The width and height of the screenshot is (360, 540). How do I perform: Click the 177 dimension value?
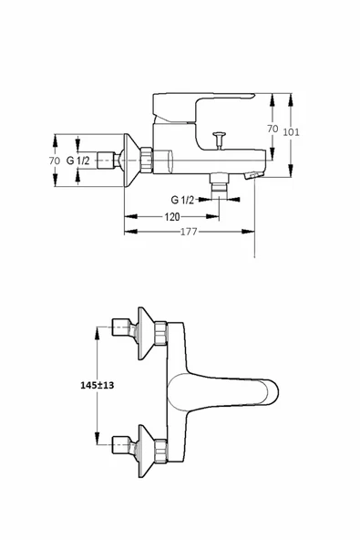189,232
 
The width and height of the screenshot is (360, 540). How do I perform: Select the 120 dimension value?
172,216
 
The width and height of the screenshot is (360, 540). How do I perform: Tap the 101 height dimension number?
291,132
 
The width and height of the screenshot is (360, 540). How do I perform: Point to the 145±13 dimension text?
97,385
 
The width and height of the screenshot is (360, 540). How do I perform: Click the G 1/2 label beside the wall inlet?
77,161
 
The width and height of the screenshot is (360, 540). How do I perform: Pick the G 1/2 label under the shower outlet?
182,200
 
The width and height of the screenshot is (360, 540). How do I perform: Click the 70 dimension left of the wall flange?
55,161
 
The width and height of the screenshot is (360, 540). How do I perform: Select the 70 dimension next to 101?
273,129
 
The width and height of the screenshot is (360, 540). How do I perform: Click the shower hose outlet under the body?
220,182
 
